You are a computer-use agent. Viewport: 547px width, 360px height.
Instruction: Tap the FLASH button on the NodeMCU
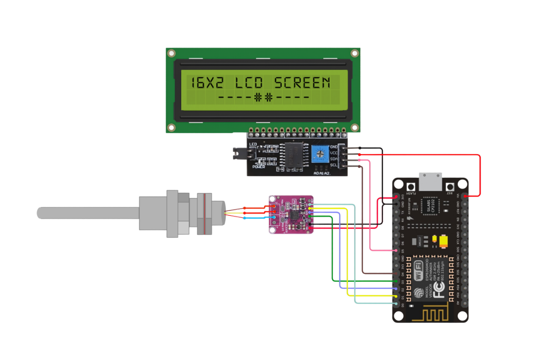pyautogui.click(x=412, y=187)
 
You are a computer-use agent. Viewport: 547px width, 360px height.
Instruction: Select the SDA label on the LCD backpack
pyautogui.click(x=334, y=159)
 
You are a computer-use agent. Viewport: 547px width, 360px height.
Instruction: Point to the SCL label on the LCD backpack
pyautogui.click(x=334, y=165)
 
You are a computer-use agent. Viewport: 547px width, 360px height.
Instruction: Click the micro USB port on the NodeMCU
pyautogui.click(x=430, y=181)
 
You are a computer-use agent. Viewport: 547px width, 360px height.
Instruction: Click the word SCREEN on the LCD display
pyautogui.click(x=302, y=83)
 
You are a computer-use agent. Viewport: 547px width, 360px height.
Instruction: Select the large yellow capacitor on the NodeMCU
pyautogui.click(x=444, y=242)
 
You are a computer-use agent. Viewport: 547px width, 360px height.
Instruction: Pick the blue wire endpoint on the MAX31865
pyautogui.click(x=272, y=217)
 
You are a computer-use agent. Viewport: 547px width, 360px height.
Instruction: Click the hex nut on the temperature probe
pyautogui.click(x=173, y=214)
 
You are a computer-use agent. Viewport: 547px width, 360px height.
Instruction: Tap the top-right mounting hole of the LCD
pyautogui.click(x=354, y=53)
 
